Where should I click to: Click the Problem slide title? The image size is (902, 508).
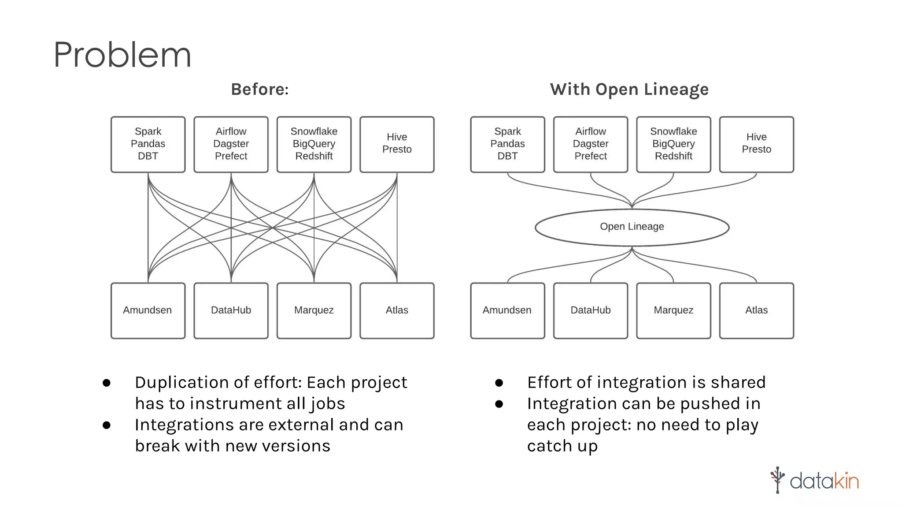(122, 55)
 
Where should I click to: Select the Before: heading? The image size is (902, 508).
(260, 90)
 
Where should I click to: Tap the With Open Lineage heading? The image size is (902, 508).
(629, 90)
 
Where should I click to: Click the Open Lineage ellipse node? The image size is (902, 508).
(632, 227)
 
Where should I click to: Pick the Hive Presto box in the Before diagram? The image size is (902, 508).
(397, 144)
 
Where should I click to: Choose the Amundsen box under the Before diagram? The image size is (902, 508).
(148, 310)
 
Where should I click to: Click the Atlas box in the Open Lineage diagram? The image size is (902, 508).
(756, 310)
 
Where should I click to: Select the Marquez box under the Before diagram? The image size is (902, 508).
(314, 310)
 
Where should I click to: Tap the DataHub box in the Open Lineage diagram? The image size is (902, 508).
(590, 310)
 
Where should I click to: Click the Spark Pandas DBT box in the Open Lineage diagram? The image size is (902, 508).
(507, 144)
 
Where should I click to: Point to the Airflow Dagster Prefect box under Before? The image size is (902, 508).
(231, 144)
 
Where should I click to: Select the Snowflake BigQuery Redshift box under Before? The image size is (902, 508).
(314, 144)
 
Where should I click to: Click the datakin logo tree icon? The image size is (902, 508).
(777, 480)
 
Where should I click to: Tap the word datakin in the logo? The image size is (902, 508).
(824, 481)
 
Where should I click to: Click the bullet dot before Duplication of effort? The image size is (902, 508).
(107, 383)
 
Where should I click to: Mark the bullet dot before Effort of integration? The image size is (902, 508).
(499, 383)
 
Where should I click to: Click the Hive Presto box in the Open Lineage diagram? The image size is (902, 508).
(756, 144)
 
